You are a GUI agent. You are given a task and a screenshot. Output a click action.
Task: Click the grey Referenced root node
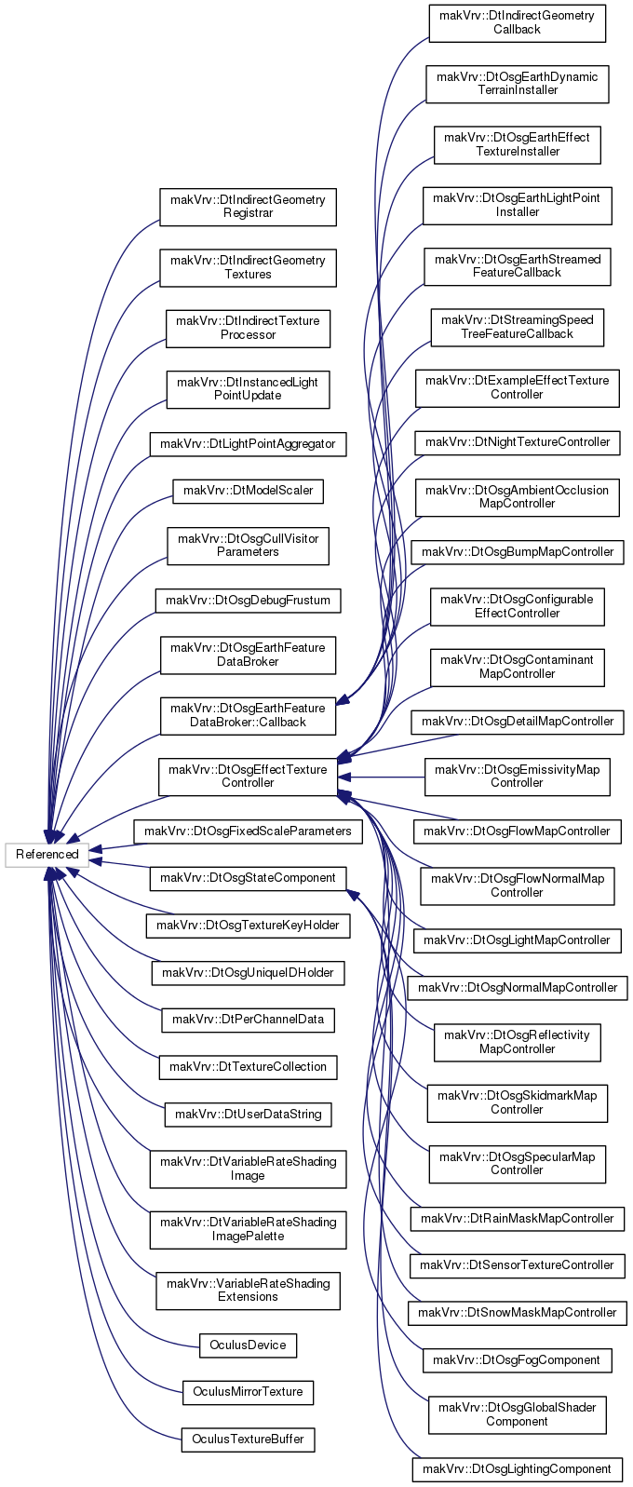pyautogui.click(x=47, y=855)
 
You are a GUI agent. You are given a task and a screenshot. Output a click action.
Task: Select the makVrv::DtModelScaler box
pyautogui.click(x=249, y=491)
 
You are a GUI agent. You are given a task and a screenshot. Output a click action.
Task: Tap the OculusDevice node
pyautogui.click(x=249, y=1345)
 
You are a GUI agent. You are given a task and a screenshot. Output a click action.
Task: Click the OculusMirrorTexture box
pyautogui.click(x=249, y=1391)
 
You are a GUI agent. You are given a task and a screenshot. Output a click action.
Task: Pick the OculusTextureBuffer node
pyautogui.click(x=249, y=1440)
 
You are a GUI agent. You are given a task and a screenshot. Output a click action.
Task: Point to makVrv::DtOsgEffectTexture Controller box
pyautogui.click(x=249, y=776)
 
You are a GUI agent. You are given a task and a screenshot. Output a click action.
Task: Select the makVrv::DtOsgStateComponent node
pyautogui.click(x=249, y=878)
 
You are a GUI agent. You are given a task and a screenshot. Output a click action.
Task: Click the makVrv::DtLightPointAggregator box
pyautogui.click(x=249, y=443)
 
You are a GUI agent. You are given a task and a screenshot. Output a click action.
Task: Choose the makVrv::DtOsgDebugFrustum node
pyautogui.click(x=249, y=601)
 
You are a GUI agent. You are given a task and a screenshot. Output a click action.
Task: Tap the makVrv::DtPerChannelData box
pyautogui.click(x=249, y=1020)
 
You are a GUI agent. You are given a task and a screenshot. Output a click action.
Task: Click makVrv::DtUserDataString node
pyautogui.click(x=249, y=1114)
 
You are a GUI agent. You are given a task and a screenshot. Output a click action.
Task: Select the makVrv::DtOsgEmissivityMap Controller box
pyautogui.click(x=518, y=776)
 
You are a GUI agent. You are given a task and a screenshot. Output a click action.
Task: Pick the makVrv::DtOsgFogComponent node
pyautogui.click(x=518, y=1360)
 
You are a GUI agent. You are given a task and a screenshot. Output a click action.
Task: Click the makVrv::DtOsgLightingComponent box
pyautogui.click(x=518, y=1469)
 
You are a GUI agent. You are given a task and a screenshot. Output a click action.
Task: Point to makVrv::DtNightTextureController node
pyautogui.click(x=518, y=442)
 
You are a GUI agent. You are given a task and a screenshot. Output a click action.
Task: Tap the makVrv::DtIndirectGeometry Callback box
pyautogui.click(x=518, y=23)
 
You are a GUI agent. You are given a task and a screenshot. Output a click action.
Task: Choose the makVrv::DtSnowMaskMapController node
pyautogui.click(x=518, y=1312)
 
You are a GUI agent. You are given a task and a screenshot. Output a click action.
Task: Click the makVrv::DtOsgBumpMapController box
pyautogui.click(x=518, y=551)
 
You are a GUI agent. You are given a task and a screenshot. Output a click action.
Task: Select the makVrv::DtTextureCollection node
pyautogui.click(x=249, y=1067)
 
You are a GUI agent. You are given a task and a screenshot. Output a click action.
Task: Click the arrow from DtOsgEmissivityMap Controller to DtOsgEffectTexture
pyautogui.click(x=382, y=777)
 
